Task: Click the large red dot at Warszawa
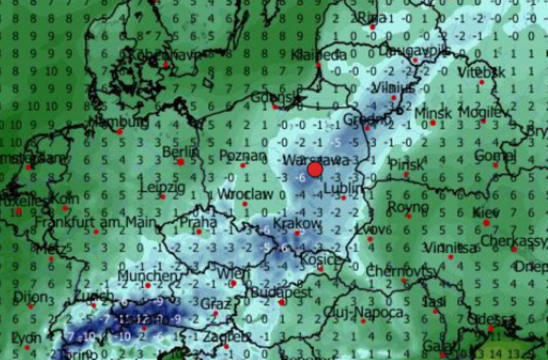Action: [315, 170]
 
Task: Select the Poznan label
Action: [243, 156]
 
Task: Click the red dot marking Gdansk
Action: [275, 107]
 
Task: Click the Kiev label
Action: [486, 212]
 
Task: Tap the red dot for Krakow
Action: [297, 233]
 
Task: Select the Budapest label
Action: [281, 292]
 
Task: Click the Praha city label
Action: [198, 222]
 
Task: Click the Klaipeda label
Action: [319, 55]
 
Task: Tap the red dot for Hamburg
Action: [119, 132]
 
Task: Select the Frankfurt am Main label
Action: [95, 222]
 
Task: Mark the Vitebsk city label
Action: [481, 72]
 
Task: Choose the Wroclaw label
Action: [245, 194]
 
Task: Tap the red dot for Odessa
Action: [490, 328]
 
